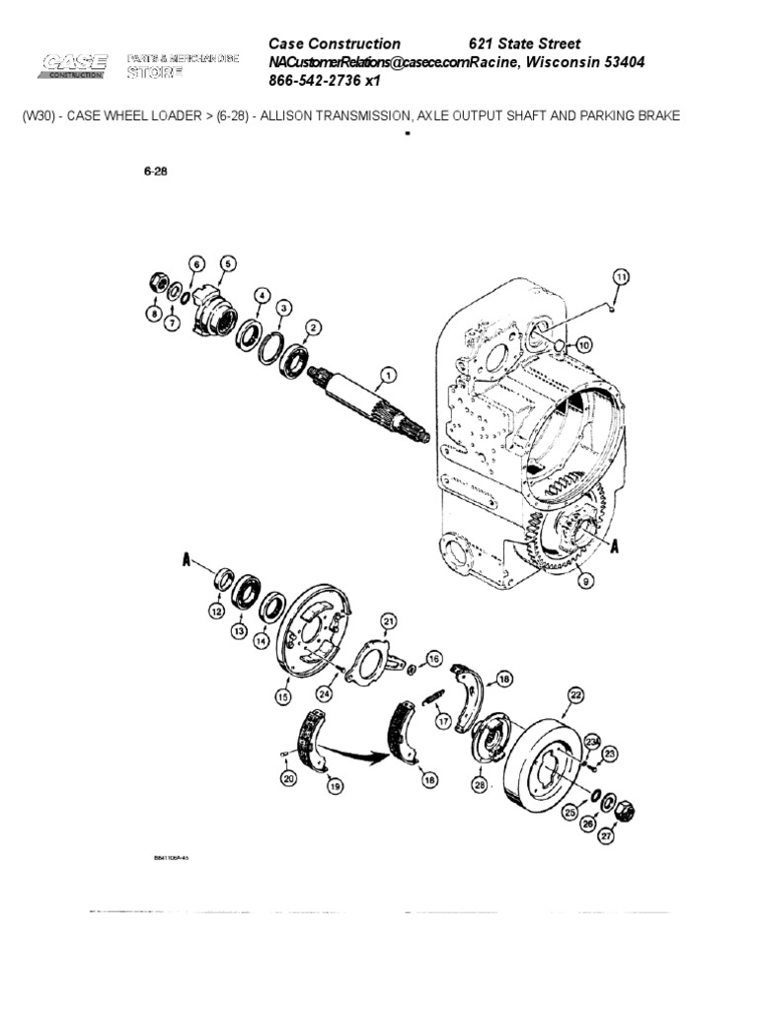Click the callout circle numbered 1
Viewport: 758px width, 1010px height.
388,375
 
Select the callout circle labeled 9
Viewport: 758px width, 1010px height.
584,583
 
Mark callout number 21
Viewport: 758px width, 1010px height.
388,620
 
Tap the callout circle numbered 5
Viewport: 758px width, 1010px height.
228,263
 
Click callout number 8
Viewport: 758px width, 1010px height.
154,314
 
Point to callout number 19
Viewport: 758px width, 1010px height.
336,786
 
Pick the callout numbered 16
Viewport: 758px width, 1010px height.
433,658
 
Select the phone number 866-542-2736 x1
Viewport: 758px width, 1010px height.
325,81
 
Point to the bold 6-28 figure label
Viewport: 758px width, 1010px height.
155,170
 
